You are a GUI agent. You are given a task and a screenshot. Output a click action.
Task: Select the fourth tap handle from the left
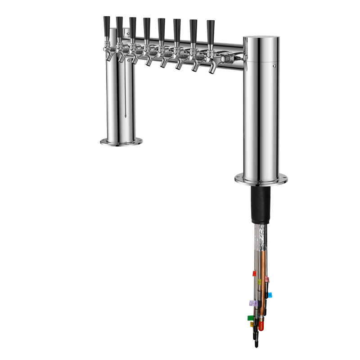click(x=147, y=28)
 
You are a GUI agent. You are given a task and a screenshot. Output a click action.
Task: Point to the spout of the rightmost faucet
click(x=211, y=70)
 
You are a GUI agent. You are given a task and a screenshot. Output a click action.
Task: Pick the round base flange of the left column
click(x=121, y=142)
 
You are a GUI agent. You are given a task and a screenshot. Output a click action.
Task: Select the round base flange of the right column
click(x=261, y=179)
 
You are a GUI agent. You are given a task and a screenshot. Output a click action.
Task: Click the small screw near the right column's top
click(x=274, y=66)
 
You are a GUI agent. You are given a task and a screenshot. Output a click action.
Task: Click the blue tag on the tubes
click(x=270, y=295)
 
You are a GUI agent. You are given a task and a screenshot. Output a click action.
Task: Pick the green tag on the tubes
click(x=250, y=318)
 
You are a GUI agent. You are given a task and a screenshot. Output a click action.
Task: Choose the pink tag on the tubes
click(x=267, y=279)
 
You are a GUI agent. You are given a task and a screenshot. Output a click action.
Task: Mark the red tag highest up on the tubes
click(x=254, y=273)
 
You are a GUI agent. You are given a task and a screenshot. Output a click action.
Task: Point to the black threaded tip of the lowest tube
click(x=256, y=344)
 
